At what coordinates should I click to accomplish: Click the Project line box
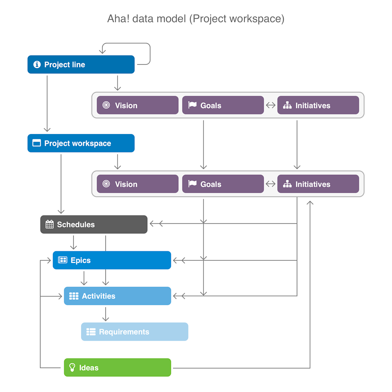[81, 65]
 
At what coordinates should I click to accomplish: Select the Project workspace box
[81, 143]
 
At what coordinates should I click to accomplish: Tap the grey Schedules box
[94, 225]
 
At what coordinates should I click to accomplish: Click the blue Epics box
[112, 260]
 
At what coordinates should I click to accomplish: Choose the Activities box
[118, 296]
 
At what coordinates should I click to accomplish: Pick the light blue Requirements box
[134, 332]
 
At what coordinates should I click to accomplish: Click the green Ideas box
[118, 368]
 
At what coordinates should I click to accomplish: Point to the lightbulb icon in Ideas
[72, 367]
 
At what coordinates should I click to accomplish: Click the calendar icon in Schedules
[49, 225]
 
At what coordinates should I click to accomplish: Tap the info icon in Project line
[37, 65]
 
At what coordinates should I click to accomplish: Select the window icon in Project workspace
[36, 143]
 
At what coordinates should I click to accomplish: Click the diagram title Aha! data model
[196, 19]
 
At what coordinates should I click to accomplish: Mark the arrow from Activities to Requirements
[105, 314]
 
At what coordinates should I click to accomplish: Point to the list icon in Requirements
[91, 332]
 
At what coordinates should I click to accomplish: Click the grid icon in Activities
[74, 296]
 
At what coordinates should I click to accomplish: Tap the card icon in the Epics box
[63, 260]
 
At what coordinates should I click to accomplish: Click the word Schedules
[76, 225]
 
